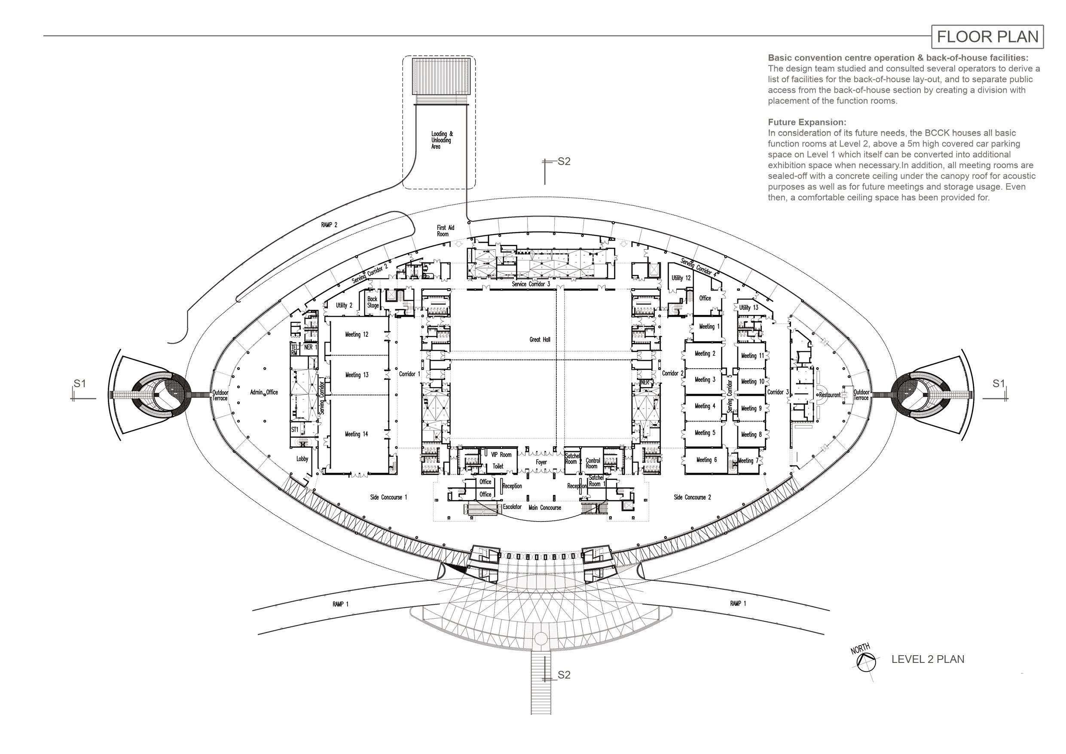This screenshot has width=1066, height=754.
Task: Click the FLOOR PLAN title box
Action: click(x=987, y=37)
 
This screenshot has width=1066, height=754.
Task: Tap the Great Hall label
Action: click(x=540, y=339)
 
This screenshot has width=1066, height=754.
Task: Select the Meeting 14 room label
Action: click(x=356, y=434)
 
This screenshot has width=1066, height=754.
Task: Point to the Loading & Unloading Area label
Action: click(x=442, y=140)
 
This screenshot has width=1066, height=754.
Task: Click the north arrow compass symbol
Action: click(x=866, y=662)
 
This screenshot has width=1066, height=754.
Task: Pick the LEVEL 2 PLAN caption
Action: click(x=928, y=659)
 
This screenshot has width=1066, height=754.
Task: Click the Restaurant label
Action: click(x=830, y=395)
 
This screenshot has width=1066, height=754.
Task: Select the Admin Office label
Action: click(x=264, y=392)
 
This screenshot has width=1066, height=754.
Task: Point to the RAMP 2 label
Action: click(x=329, y=225)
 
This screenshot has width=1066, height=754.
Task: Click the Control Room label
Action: click(x=593, y=464)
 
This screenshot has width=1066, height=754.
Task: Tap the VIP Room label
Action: click(x=501, y=455)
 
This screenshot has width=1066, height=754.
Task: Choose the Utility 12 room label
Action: click(x=681, y=278)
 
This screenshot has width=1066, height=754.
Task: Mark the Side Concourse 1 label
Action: click(x=388, y=497)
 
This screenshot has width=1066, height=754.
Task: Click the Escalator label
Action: click(x=512, y=507)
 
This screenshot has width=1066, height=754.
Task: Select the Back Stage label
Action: click(x=373, y=302)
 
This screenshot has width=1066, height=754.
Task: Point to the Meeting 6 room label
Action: click(x=706, y=460)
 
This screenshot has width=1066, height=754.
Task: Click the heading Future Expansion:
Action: click(x=807, y=122)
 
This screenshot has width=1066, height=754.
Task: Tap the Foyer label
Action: click(x=541, y=462)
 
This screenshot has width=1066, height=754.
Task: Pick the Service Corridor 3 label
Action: click(x=531, y=284)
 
